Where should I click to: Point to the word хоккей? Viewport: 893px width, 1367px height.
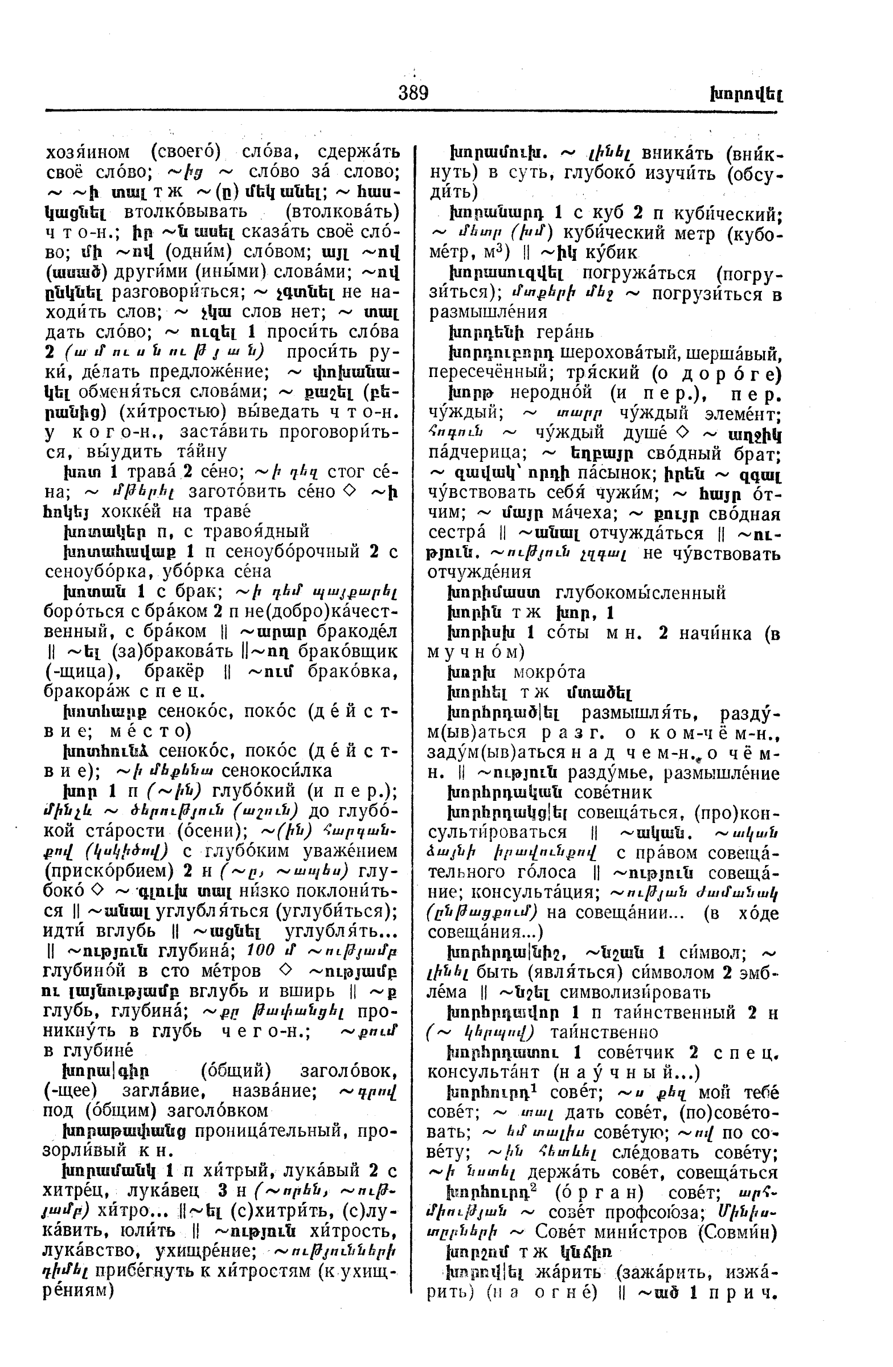point(118,510)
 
